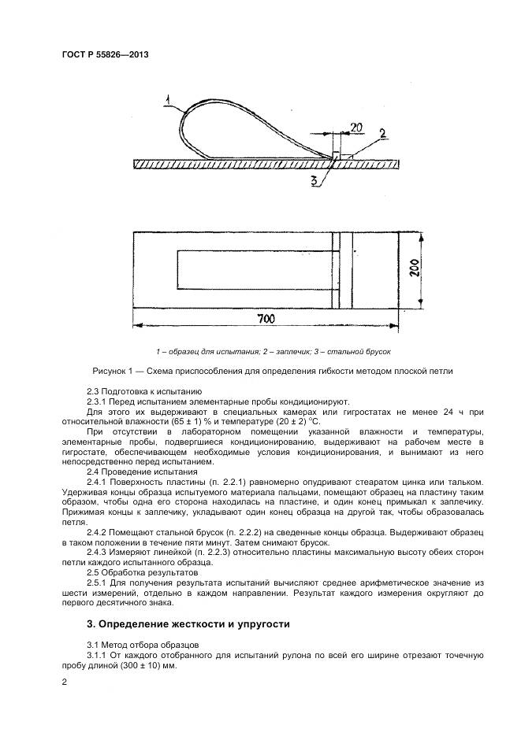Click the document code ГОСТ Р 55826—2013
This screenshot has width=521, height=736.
105,55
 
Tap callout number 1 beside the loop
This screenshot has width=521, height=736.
169,99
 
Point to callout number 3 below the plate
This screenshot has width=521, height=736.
314,181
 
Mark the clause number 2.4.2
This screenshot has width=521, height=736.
99,533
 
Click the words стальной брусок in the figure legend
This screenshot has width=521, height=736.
365,351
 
